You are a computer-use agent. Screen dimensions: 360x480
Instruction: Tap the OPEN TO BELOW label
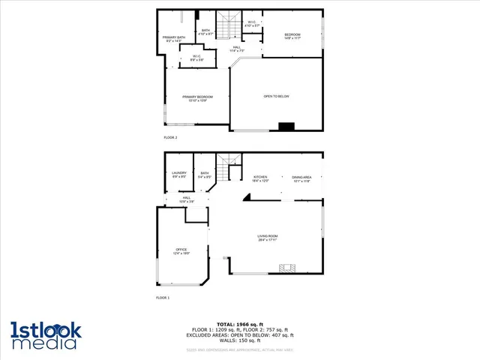point(276,97)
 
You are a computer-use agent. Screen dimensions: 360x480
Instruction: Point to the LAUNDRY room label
point(179,175)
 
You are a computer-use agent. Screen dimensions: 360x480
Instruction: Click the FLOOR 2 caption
point(170,138)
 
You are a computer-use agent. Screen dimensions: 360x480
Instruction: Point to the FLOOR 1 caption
point(163,298)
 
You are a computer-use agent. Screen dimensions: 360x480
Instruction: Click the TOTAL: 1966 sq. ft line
point(239,322)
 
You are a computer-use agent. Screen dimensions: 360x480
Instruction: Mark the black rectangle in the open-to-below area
point(286,127)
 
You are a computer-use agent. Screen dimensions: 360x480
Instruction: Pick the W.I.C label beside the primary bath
point(196,58)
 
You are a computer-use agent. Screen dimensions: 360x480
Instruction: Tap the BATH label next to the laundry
point(204,175)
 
